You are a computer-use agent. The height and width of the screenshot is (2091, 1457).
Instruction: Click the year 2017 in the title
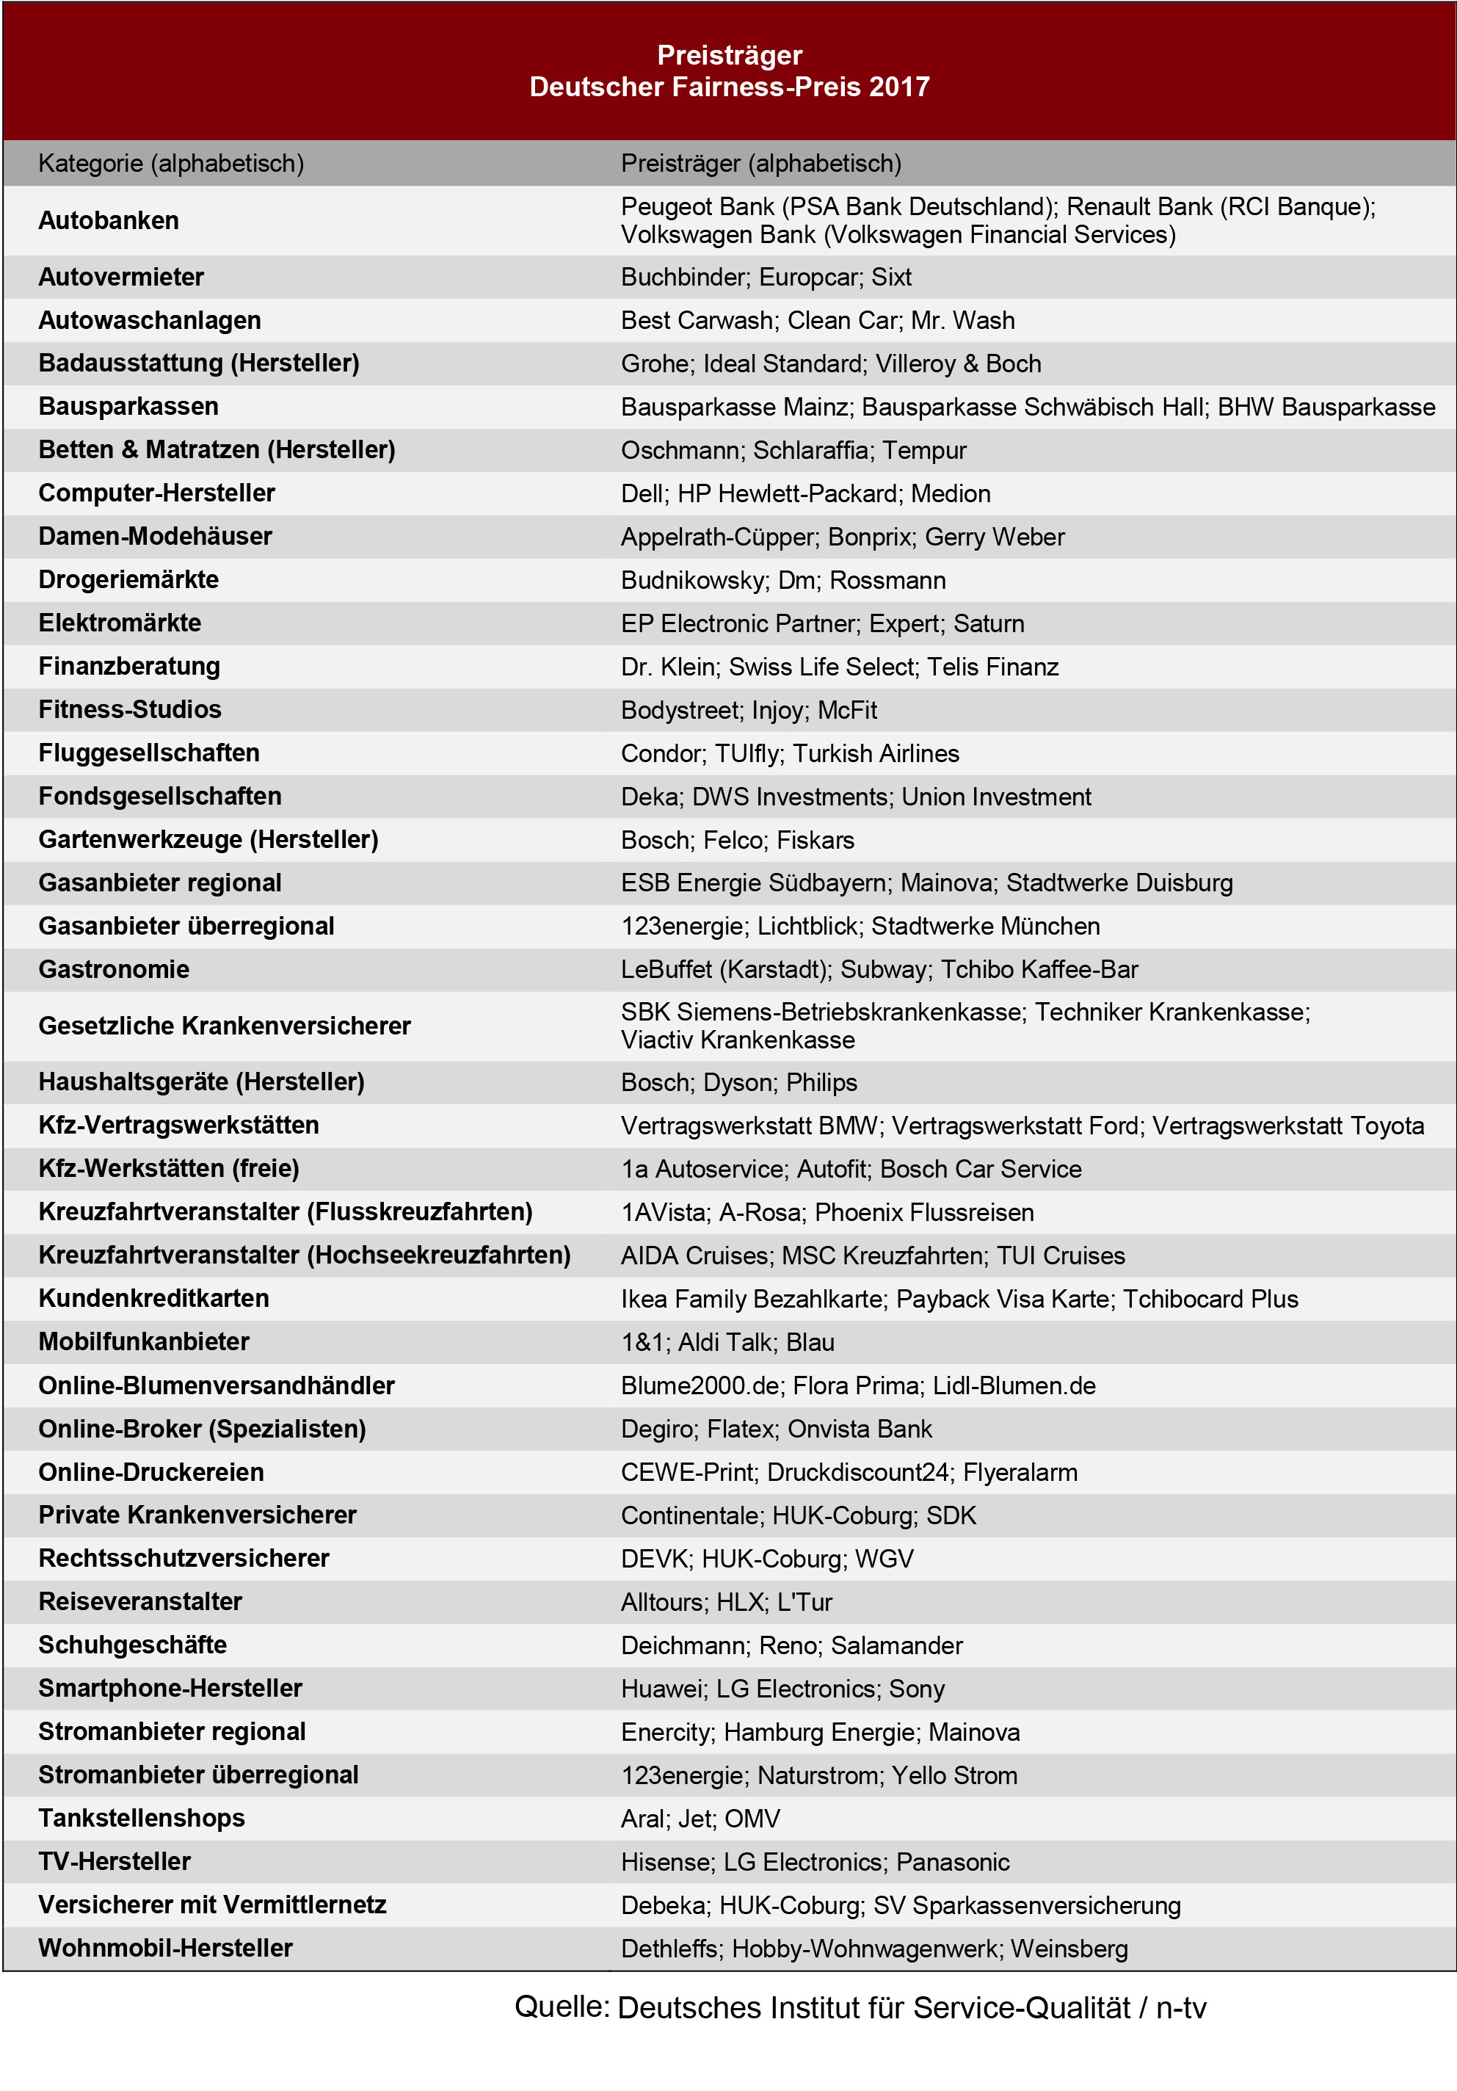898,87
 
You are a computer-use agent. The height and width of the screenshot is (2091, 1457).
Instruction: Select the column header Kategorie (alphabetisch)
171,164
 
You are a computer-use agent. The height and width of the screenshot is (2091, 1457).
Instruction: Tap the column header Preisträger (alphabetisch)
760,164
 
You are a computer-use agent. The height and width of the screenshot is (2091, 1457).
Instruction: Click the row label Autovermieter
121,277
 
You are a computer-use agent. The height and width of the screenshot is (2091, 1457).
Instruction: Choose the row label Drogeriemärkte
128,580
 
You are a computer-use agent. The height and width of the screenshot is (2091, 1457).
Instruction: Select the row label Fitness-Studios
129,709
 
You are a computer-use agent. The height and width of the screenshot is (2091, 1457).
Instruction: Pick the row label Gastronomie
114,969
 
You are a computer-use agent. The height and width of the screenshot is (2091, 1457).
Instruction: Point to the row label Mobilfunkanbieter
144,1341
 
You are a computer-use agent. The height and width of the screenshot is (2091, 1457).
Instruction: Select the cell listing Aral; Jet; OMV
700,1819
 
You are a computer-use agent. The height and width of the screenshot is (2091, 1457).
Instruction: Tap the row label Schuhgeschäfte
133,1645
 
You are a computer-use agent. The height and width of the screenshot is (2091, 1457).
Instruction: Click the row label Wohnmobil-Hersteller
166,1948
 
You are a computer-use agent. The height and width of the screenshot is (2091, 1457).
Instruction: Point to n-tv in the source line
1180,2008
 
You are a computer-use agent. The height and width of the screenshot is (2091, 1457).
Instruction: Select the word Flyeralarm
1020,1473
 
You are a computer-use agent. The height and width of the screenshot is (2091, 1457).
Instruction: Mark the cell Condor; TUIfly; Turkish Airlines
790,754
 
